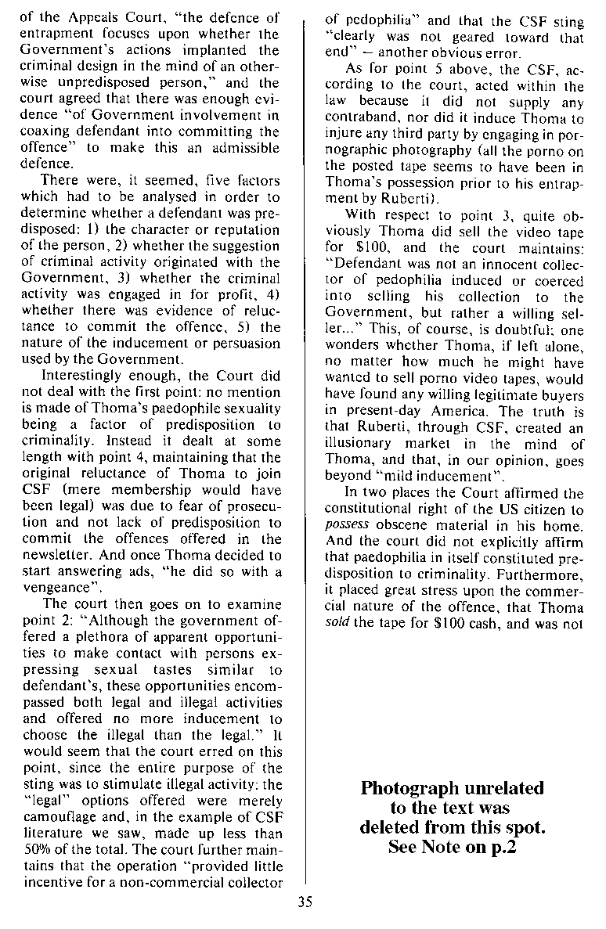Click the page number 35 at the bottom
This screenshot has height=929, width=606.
[x=305, y=901]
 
